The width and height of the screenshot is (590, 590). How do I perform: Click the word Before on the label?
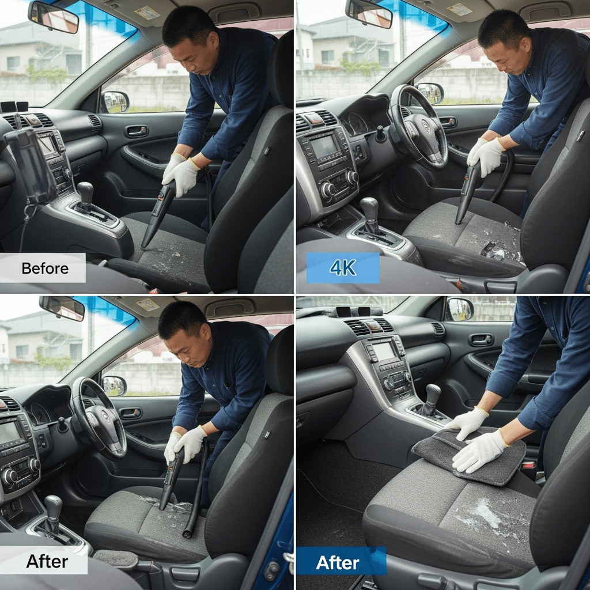coord(45,268)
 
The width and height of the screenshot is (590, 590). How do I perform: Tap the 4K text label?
coord(343,267)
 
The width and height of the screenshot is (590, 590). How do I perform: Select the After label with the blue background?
coord(338,562)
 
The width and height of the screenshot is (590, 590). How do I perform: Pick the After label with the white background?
coord(47,561)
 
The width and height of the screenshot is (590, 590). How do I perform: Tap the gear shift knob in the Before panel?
coord(85,191)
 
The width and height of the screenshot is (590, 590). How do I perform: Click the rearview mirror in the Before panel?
coord(53,17)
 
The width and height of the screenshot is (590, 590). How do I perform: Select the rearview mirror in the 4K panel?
coord(369,14)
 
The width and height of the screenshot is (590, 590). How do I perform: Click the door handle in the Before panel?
coord(137,131)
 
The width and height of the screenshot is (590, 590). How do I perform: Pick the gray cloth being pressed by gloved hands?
coord(469,456)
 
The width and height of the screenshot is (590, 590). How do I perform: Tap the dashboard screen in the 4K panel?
coord(324,146)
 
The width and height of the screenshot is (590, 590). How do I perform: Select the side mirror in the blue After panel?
coord(460,309)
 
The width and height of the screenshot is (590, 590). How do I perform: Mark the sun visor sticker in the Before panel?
coord(147,13)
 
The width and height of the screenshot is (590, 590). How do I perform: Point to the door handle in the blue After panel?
coord(481,340)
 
